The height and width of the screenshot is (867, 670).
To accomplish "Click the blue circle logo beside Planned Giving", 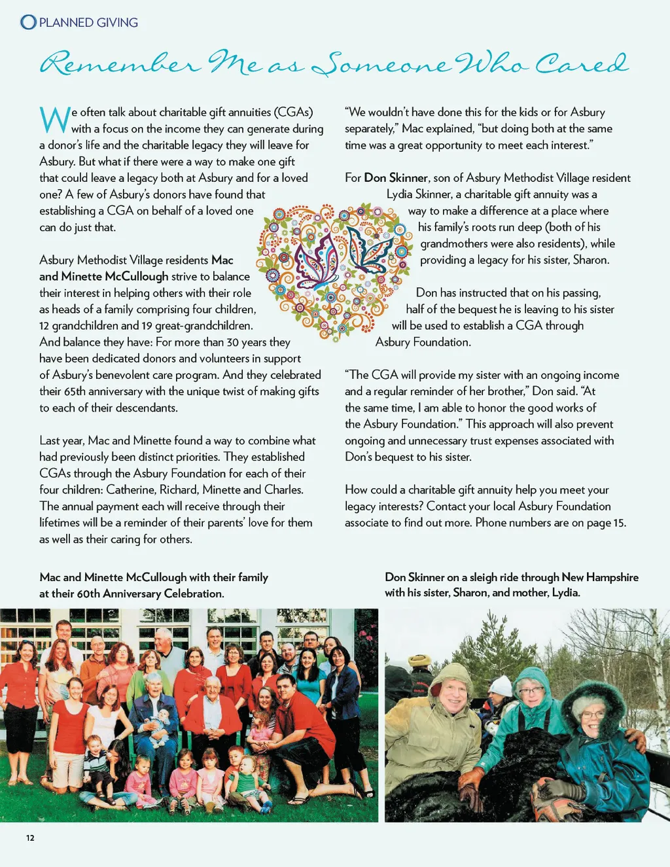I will pyautogui.click(x=28, y=22).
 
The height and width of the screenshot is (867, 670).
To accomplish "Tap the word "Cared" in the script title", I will pyautogui.click(x=581, y=63).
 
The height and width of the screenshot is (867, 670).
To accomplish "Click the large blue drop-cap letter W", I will pyautogui.click(x=54, y=120).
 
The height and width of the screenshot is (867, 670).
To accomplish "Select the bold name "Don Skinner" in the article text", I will pyautogui.click(x=396, y=178).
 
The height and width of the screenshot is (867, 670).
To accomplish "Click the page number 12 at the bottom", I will pyautogui.click(x=30, y=838).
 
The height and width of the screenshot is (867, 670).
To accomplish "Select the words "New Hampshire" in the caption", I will pyautogui.click(x=600, y=577).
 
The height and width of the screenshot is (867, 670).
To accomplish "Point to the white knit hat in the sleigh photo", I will pyautogui.click(x=502, y=686).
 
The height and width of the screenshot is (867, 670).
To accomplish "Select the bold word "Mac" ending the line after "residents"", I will pyautogui.click(x=222, y=260).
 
